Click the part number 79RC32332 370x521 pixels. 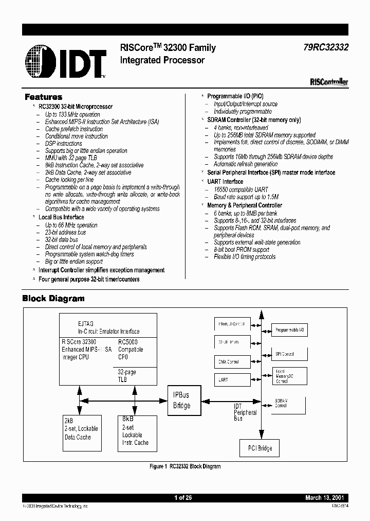(x=325, y=47)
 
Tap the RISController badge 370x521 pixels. (x=329, y=81)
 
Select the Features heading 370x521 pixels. (x=44, y=97)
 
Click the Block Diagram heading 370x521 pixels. (x=53, y=298)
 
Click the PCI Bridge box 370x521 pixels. (x=257, y=448)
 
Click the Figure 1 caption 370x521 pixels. (x=185, y=466)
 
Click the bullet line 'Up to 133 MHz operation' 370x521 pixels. (x=72, y=114)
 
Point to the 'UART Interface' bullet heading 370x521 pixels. (x=225, y=182)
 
